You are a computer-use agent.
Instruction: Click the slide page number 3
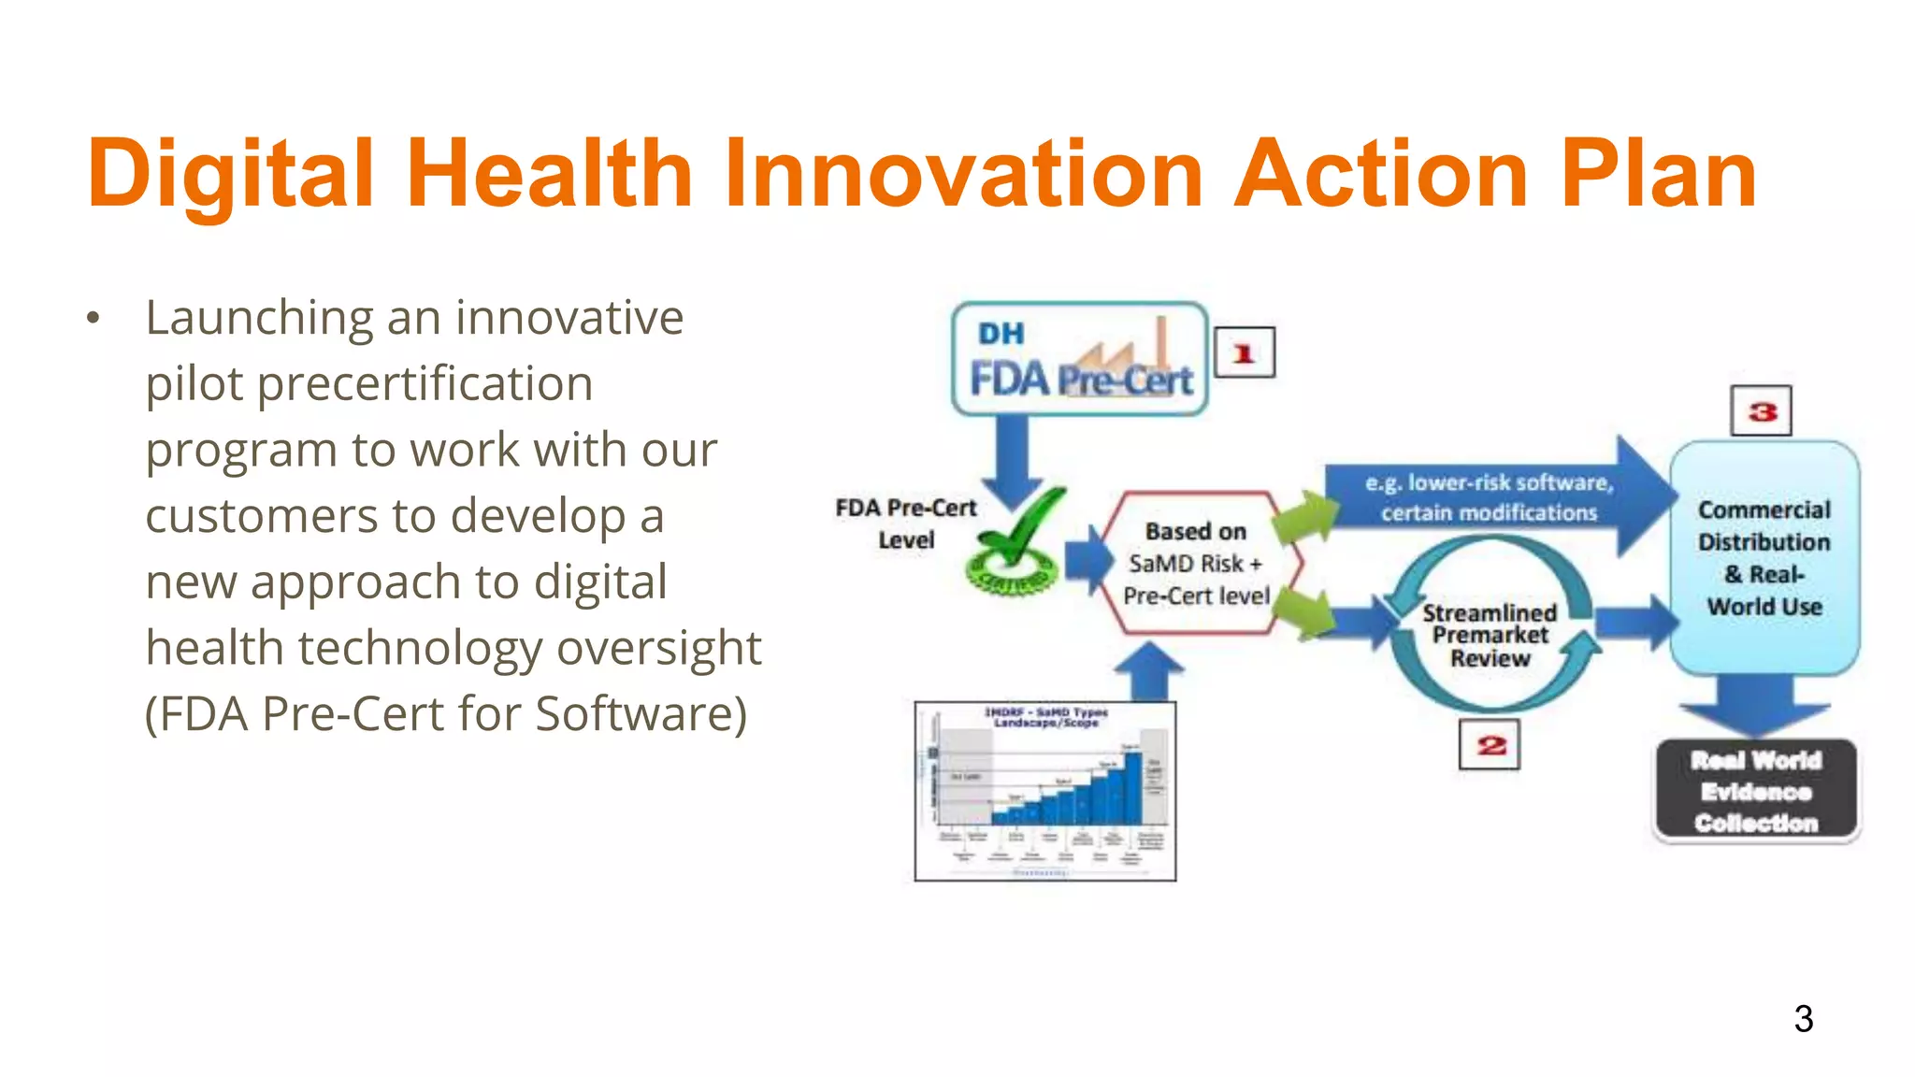1803,1018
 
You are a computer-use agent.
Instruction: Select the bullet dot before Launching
93,319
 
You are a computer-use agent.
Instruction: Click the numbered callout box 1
1244,353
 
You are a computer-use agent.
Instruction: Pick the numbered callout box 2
1490,745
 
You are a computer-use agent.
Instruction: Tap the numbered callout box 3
1761,411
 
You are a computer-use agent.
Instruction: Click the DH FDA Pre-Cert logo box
1080,359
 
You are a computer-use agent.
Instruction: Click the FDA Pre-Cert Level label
905,524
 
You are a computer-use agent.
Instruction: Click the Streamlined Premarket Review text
1490,636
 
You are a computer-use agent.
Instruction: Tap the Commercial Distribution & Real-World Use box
1764,558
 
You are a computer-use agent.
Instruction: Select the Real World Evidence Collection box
1756,791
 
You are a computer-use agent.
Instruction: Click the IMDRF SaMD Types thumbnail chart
1044,791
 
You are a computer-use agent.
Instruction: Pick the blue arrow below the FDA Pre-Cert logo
1012,458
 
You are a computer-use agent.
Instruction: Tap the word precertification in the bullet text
425,384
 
